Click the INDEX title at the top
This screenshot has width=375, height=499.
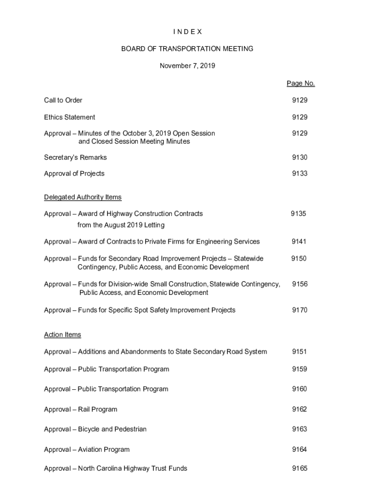(187, 32)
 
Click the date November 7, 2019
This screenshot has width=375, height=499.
(187, 65)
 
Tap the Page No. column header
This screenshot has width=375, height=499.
(300, 83)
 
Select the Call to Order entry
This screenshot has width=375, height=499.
(63, 100)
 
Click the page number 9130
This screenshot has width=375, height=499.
(300, 157)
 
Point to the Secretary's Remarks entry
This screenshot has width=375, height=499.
(75, 157)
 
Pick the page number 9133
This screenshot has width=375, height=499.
(300, 173)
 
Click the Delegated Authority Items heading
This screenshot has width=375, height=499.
(83, 197)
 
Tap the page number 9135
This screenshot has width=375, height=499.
(299, 213)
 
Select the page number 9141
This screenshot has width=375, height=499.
(299, 242)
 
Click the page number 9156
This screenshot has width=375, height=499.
(300, 284)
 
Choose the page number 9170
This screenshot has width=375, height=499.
(300, 310)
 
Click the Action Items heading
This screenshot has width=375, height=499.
(63, 335)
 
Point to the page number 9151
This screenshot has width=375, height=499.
(300, 352)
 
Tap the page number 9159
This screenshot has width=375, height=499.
(300, 369)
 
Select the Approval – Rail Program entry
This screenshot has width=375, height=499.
(81, 409)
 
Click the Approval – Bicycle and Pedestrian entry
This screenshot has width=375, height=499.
(95, 429)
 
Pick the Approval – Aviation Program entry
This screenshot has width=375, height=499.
(87, 449)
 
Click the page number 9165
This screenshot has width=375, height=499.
(300, 469)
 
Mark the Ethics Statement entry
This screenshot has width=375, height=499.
(70, 117)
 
